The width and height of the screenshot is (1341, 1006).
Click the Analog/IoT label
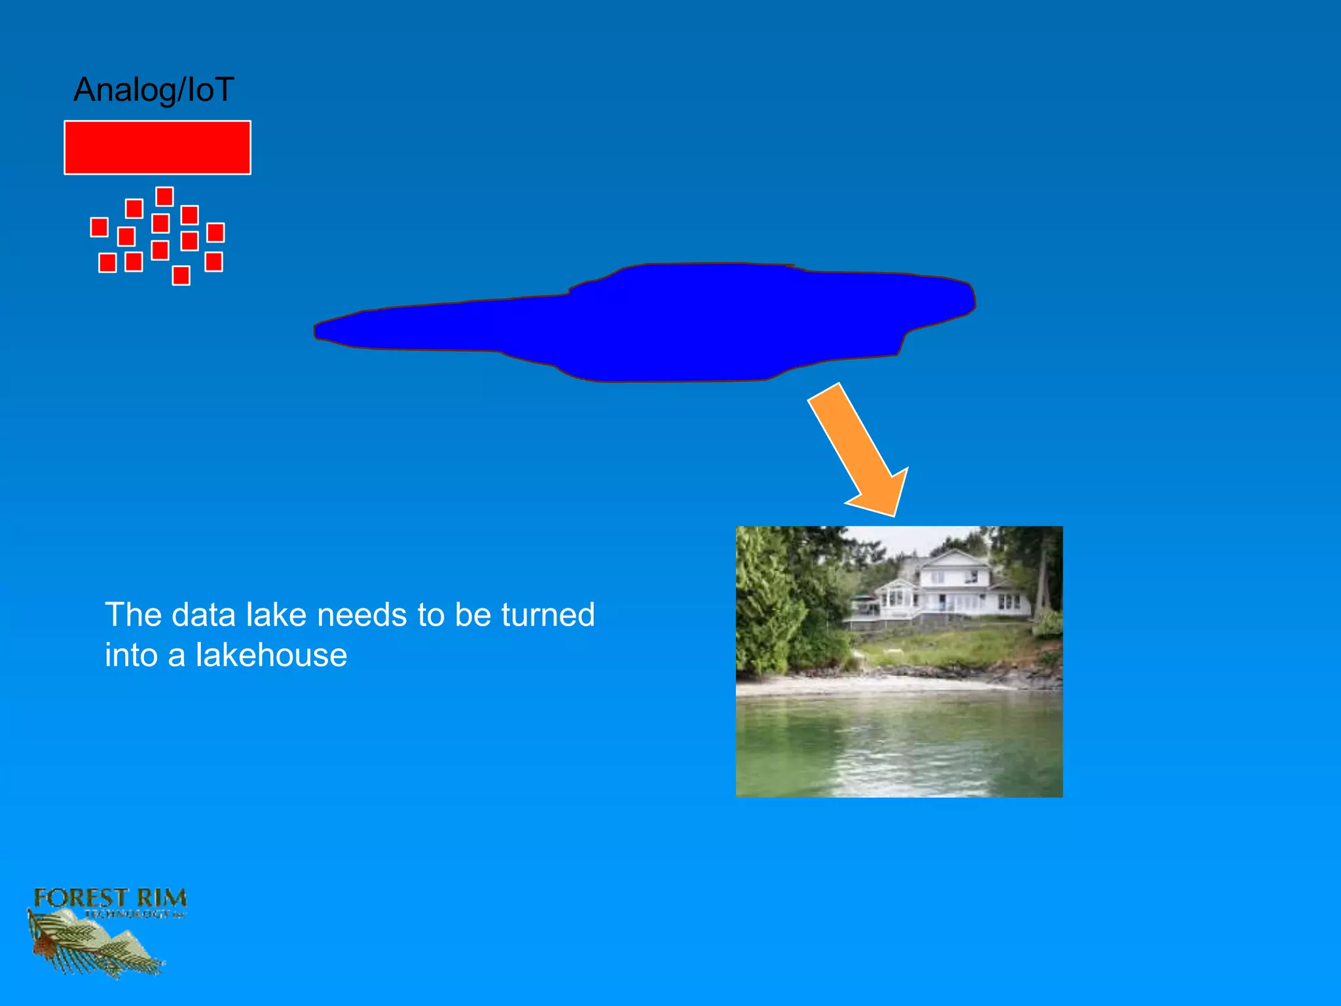[153, 90]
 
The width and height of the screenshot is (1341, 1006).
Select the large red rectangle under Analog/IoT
[157, 147]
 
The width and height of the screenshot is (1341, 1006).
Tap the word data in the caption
[203, 615]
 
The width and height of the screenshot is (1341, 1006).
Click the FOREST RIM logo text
[110, 898]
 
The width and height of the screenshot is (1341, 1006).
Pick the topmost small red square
[164, 196]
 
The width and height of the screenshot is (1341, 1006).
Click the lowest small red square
[181, 276]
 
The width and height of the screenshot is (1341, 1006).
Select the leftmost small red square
[99, 227]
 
